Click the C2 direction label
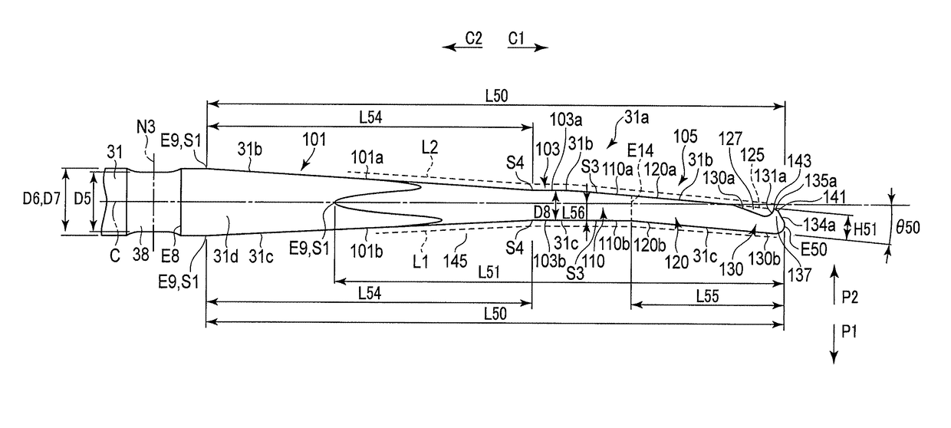[x=472, y=36]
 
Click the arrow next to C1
[x=528, y=48]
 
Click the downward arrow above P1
[x=835, y=342]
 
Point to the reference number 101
[x=314, y=140]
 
